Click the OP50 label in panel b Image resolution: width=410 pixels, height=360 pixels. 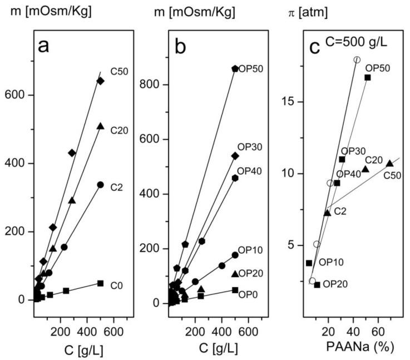coord(250,69)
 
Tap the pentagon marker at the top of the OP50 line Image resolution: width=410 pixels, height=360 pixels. coord(235,69)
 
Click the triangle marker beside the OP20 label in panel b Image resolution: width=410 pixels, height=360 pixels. coord(235,274)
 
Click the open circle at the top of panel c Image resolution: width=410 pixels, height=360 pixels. coord(357,60)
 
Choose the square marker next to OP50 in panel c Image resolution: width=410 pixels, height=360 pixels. coord(368,77)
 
